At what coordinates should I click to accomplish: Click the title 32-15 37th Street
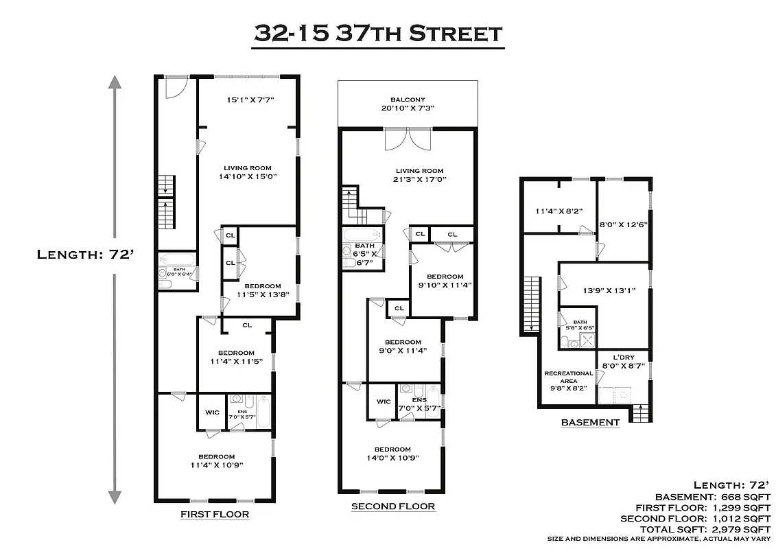point(379,32)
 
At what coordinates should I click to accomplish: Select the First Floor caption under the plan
point(215,514)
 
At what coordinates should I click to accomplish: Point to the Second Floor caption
point(393,506)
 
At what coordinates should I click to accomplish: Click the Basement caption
point(590,422)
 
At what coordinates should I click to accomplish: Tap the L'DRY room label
point(624,358)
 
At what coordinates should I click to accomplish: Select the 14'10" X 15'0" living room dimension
point(247,176)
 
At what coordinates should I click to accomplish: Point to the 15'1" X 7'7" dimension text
point(250,100)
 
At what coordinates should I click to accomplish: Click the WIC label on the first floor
point(212,412)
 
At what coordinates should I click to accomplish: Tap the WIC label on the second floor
point(384,401)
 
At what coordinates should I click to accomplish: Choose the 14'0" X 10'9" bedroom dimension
point(392,458)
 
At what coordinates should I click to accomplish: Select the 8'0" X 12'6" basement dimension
point(624,224)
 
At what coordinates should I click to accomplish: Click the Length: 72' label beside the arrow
point(80,255)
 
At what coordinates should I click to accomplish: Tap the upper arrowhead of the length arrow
point(115,84)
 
